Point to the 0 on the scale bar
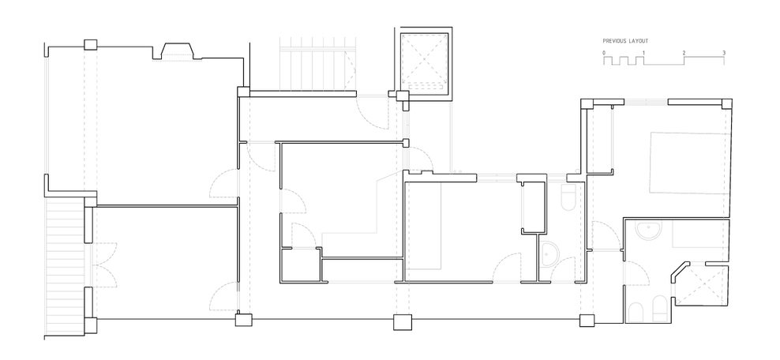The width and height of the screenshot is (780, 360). (604, 53)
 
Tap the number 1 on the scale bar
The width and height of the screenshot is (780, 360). (643, 53)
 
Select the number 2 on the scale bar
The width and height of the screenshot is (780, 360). (684, 53)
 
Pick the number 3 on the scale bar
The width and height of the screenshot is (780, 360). (724, 53)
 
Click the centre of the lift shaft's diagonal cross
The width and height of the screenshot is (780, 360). (424, 61)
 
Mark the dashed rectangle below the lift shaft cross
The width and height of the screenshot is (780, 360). (424, 87)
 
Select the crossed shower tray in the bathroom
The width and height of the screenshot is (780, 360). (700, 284)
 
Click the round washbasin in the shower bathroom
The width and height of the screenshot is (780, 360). (649, 230)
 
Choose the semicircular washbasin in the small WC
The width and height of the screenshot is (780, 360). (549, 254)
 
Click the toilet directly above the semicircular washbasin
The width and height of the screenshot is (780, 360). (568, 197)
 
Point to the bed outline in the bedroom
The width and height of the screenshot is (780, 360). (691, 163)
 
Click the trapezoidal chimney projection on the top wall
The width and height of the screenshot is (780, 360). (177, 51)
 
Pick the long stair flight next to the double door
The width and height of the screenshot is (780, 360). (65, 267)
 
